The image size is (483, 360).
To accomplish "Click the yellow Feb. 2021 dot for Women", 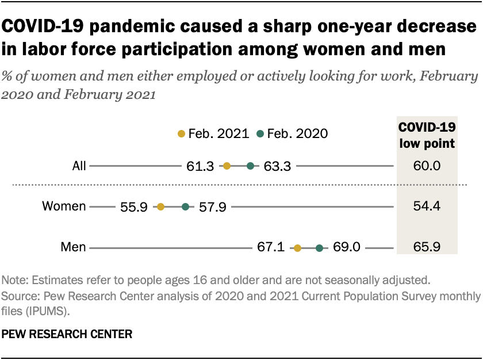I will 160,207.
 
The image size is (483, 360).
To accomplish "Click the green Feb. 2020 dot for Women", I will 185,207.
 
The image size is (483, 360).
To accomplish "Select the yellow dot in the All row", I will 227,166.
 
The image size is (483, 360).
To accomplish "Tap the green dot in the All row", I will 250,166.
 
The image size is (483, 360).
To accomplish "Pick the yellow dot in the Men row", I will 297,248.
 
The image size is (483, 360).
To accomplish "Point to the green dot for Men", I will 319,248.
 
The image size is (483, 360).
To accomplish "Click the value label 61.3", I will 201,167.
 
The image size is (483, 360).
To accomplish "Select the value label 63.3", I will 278,167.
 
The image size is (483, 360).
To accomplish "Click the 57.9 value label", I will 212,207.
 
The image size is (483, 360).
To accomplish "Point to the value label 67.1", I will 271,248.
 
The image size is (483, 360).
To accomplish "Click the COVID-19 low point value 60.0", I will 427,167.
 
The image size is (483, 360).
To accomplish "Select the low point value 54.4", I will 427,207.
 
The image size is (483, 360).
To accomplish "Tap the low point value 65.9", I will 427,248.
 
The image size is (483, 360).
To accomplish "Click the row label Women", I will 64,207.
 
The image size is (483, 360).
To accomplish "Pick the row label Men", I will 73,248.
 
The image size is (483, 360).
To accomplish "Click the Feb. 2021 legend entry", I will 213,134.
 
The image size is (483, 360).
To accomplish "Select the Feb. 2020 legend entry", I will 293,134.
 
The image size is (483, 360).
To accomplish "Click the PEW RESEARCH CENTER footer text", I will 68,333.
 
